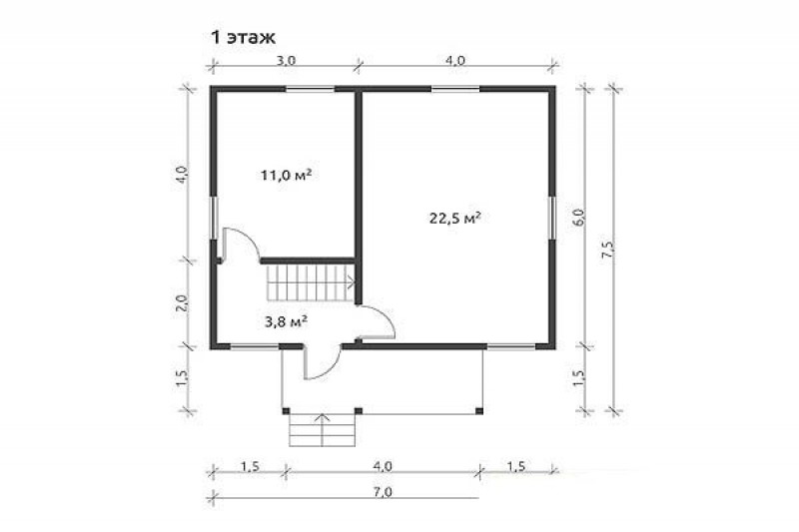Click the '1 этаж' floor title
click(243, 38)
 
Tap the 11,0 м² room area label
click(286, 175)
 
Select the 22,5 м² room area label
click(455, 219)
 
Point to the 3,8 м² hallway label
click(286, 321)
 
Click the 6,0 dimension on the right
click(579, 218)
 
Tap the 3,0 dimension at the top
click(286, 61)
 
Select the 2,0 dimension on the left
click(183, 303)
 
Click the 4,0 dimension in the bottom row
click(383, 466)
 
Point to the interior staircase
click(310, 282)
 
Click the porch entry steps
click(322, 430)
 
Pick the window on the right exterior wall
click(552, 218)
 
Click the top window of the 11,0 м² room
click(310, 89)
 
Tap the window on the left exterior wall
click(215, 218)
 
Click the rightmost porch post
click(479, 411)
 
